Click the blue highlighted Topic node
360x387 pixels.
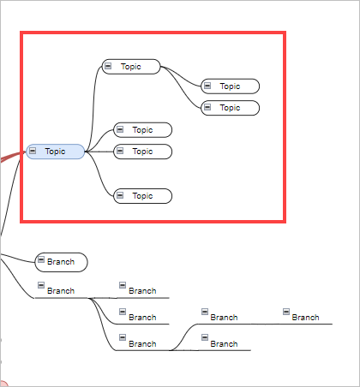[x=56, y=152]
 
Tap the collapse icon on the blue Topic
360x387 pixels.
[x=33, y=151]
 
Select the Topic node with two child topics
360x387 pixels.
[x=131, y=66]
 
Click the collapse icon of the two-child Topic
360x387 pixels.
[x=108, y=66]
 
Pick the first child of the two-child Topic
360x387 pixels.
[x=230, y=86]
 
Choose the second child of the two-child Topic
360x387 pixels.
[x=230, y=107]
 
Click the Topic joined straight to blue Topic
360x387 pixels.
[x=142, y=152]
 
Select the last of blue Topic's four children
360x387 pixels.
[x=142, y=196]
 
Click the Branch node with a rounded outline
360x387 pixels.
[x=61, y=261]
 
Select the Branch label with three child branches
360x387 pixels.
[x=61, y=291]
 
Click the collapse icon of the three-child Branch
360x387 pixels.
[x=40, y=285]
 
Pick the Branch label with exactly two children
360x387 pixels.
[x=142, y=344]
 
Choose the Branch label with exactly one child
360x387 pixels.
[x=224, y=318]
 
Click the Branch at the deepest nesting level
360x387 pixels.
[x=305, y=318]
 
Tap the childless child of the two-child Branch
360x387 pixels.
[x=224, y=344]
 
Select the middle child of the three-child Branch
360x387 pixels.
[x=142, y=318]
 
